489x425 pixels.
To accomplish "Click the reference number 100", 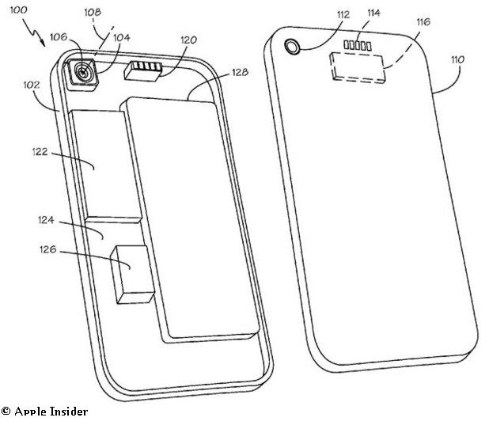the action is (19, 10).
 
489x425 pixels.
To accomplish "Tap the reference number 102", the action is (32, 85).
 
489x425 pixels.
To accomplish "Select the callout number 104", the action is (122, 37).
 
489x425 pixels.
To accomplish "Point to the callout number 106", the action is (59, 37).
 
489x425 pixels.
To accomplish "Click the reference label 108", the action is (93, 12).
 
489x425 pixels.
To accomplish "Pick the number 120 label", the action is (188, 40).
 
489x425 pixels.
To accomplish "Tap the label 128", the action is (240, 72).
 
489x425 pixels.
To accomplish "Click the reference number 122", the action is (40, 152).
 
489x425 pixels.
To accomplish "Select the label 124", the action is (46, 220).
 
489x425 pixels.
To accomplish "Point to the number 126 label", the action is (48, 249).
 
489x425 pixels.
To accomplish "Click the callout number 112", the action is (343, 14).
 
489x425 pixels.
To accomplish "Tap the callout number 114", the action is (373, 13).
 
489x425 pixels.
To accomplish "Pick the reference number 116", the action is (423, 22).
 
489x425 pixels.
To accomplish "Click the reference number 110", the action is (458, 59).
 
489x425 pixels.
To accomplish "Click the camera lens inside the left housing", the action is (83, 73).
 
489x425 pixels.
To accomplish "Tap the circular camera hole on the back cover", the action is (293, 47).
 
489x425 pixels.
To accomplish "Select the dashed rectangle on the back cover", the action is (358, 68).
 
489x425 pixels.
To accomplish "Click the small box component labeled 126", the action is (133, 275).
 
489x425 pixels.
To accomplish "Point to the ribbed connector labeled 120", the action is (143, 71).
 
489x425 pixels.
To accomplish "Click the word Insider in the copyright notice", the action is (69, 412).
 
